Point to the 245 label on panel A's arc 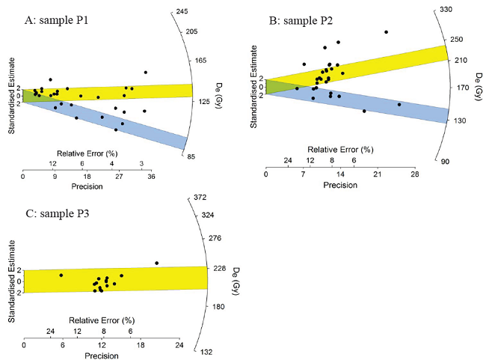pos(181,10)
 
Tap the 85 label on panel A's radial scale pos(191,156)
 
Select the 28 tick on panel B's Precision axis pos(413,174)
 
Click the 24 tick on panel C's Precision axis pos(179,346)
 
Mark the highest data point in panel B pos(386,32)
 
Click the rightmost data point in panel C pos(156,263)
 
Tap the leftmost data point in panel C pos(61,275)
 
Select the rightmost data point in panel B pos(399,104)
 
